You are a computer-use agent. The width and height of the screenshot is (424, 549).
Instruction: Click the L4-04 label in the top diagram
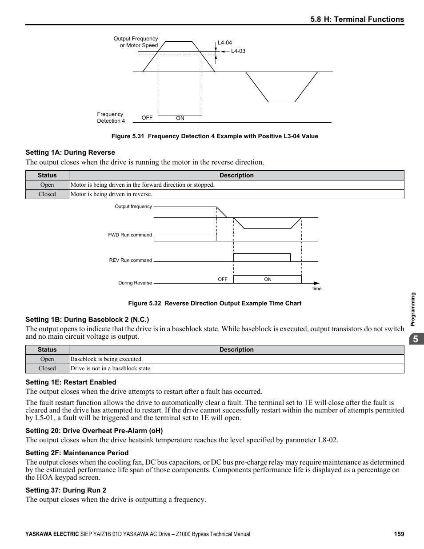coord(224,43)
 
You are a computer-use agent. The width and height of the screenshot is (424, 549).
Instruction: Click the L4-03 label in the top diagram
coord(238,51)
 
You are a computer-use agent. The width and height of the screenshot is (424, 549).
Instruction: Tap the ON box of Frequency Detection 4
coord(180,118)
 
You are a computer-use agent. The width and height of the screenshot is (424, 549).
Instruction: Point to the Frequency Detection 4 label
coord(111,117)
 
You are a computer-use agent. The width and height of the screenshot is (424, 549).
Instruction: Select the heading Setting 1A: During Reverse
coord(70,152)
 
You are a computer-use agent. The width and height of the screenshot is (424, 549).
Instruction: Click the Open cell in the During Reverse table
coord(47,185)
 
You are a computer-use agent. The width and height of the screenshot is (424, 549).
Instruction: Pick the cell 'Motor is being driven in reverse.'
coord(112,194)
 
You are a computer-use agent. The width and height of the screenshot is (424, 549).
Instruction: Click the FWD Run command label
coord(130,235)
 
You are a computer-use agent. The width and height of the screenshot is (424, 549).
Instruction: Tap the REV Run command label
coord(130,260)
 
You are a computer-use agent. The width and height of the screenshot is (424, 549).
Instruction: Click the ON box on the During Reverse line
coord(268,279)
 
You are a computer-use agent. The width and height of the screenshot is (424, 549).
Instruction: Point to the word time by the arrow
coord(316,289)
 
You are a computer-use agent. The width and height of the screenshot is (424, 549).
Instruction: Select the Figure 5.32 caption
coord(215,303)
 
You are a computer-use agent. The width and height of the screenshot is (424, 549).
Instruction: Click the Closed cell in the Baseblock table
coord(47,369)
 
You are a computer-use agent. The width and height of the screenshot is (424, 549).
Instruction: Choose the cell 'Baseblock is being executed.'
coord(107,359)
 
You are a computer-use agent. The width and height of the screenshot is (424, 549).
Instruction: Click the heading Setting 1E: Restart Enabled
coord(71,382)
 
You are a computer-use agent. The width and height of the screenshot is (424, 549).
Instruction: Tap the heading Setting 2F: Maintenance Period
coord(77,453)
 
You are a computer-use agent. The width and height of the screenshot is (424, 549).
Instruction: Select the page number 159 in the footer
coord(399,534)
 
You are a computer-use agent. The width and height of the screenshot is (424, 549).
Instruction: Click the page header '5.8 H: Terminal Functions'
coord(357,19)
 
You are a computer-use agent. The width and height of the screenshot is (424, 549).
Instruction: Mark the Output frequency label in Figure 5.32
coord(133,206)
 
